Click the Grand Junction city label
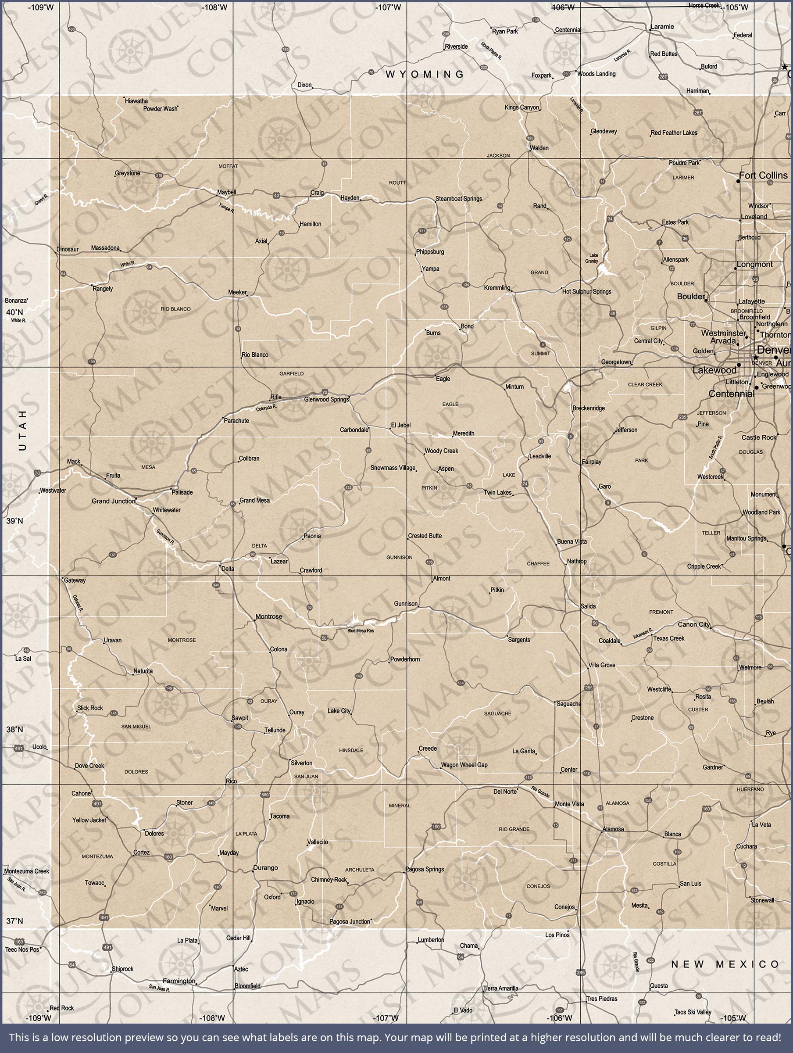coord(113,501)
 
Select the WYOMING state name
coord(425,74)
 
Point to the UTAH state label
coord(22,430)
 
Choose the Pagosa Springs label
coord(425,869)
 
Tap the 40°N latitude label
coord(14,312)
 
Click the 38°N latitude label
coord(14,729)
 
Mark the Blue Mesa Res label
coord(361,631)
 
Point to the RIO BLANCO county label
coord(175,309)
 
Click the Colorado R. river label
coord(266,408)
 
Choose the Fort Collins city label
coord(763,175)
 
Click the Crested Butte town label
coord(425,536)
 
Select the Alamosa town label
coord(613,829)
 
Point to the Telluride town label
coord(275,730)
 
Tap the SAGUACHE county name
coord(497,713)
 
